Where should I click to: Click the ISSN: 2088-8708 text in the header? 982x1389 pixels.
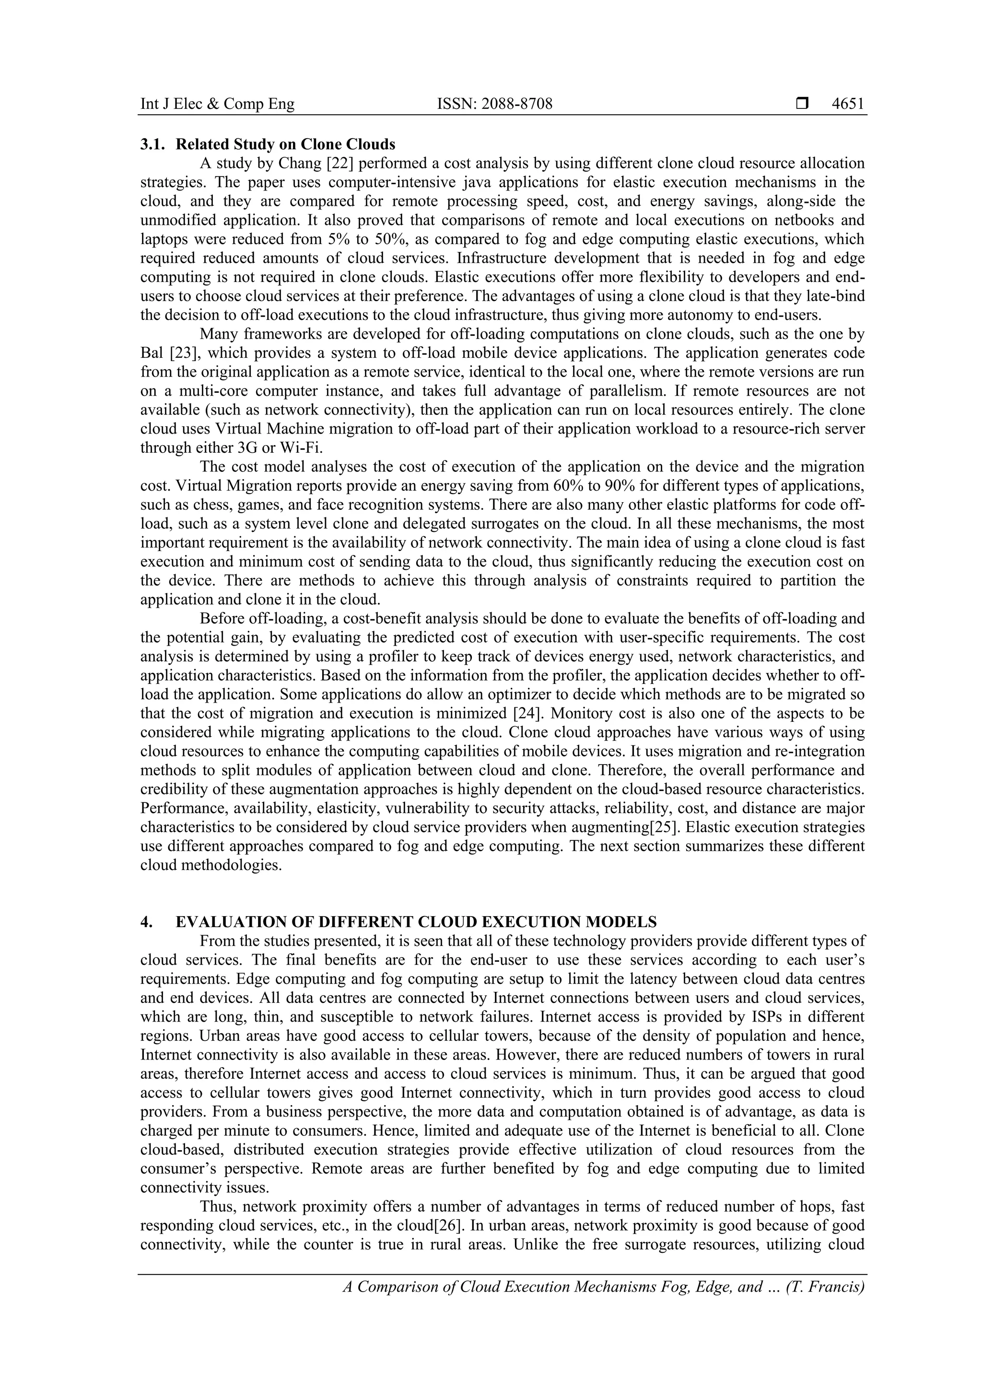(x=495, y=105)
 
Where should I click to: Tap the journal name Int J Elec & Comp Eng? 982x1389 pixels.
(x=217, y=105)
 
